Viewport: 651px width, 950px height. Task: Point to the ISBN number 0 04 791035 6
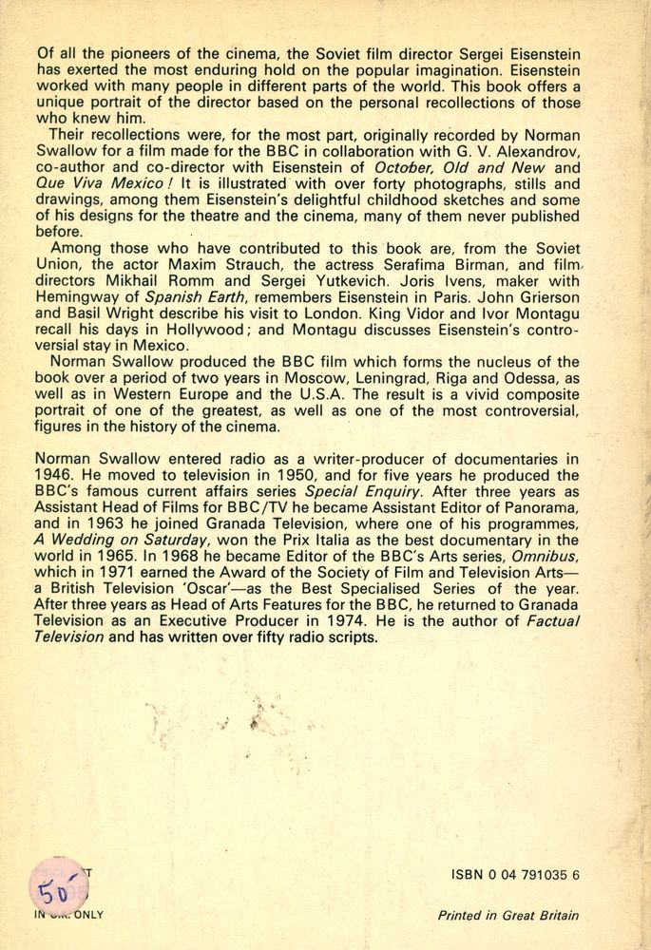515,880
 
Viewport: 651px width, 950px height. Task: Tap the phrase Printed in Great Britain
507,916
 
